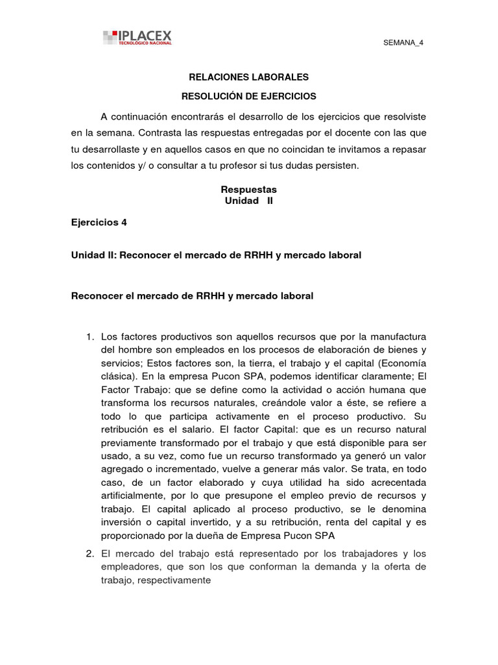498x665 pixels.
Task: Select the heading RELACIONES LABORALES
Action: (x=248, y=77)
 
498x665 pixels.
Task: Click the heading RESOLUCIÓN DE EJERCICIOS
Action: (x=248, y=96)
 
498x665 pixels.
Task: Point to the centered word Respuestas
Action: (x=248, y=190)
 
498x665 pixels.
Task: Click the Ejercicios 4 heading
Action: (x=99, y=222)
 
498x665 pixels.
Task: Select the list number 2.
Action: (x=89, y=554)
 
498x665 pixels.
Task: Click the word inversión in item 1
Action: (x=123, y=523)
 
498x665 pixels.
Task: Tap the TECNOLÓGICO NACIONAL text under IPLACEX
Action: (x=145, y=43)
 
